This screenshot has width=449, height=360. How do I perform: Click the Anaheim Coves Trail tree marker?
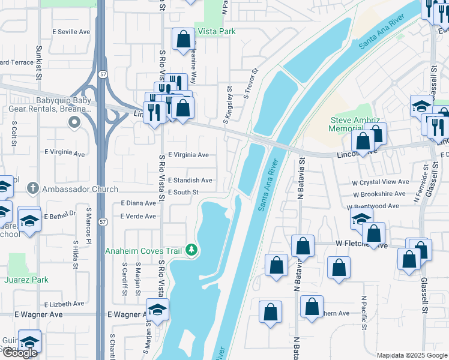[x=191, y=249]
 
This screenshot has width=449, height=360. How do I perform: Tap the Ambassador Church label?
[x=80, y=189]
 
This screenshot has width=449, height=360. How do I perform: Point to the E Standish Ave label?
[x=190, y=180]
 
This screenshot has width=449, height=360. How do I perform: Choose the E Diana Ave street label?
[x=138, y=203]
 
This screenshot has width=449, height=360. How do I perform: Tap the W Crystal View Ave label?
[x=381, y=182]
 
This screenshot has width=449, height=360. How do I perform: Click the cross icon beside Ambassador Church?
[x=34, y=189]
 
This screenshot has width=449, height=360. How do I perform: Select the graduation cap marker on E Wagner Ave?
[x=157, y=310]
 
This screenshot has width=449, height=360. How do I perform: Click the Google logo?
[x=20, y=353]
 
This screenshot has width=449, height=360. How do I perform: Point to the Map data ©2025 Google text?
[x=411, y=355]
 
